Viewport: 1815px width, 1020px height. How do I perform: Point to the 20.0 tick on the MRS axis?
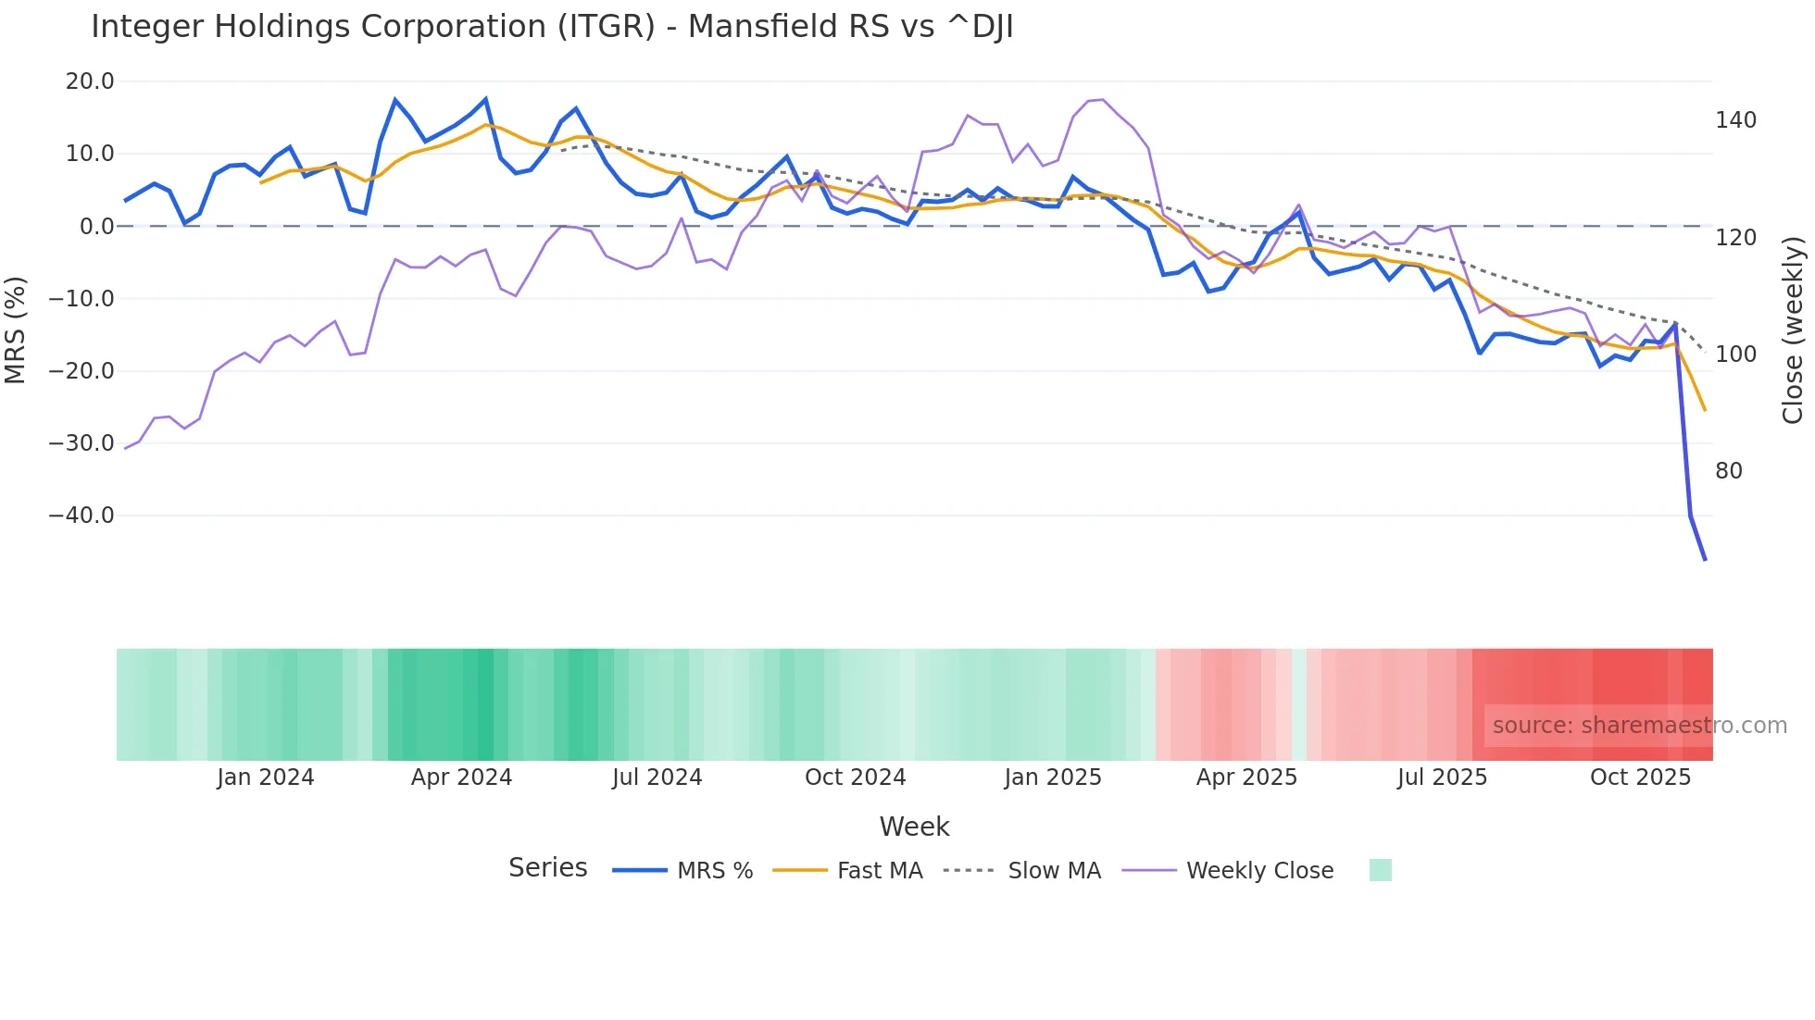(x=90, y=81)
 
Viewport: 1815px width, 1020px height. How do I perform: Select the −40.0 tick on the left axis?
(x=81, y=516)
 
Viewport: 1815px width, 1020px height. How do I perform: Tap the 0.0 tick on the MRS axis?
(x=96, y=227)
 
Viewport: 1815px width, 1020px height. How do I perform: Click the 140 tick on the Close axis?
(x=1735, y=120)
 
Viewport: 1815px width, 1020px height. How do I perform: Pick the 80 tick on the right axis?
(x=1729, y=471)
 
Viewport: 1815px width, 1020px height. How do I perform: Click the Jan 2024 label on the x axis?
(x=266, y=777)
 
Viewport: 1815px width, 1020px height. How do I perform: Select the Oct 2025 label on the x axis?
(x=1640, y=777)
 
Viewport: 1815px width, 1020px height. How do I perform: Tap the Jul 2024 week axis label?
(x=657, y=777)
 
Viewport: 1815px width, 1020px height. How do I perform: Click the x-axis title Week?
(x=914, y=827)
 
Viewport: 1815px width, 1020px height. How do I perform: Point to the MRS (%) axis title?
(x=16, y=330)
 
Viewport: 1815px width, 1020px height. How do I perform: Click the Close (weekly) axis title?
(x=1793, y=330)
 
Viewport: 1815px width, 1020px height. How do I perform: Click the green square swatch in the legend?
(x=1380, y=870)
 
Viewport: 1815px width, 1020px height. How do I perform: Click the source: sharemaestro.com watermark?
(x=1639, y=726)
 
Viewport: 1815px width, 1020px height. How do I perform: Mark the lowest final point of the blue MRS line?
(x=1705, y=560)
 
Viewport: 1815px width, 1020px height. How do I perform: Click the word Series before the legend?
(x=547, y=868)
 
